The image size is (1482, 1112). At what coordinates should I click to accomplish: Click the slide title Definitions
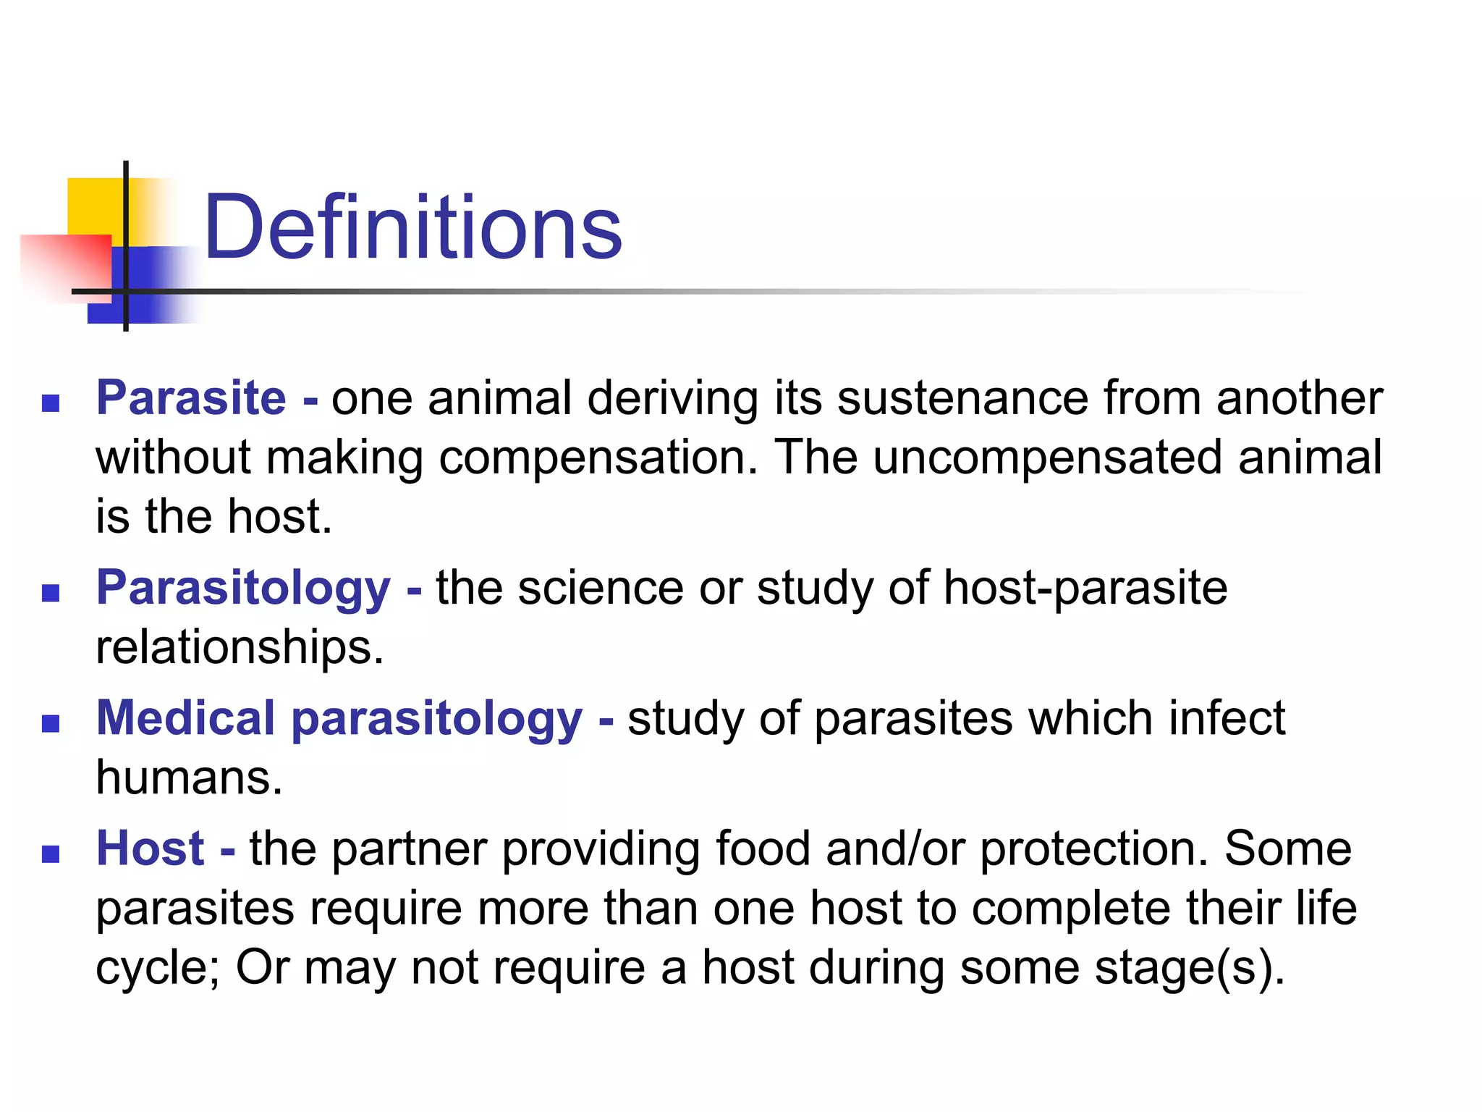412,227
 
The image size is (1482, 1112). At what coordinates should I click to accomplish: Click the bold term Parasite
191,398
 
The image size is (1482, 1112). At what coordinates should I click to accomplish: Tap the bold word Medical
186,718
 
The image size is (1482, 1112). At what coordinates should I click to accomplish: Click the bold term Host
151,848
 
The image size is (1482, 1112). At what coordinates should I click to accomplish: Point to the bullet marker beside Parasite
51,403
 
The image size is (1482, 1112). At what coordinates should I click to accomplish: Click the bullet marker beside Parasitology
51,594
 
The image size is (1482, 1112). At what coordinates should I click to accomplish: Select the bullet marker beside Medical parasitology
51,724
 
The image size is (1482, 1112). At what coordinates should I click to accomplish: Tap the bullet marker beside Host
51,854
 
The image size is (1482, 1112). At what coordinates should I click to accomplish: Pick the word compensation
598,459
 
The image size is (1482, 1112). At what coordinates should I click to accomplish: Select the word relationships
240,647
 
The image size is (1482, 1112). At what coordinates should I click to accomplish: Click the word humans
189,778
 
